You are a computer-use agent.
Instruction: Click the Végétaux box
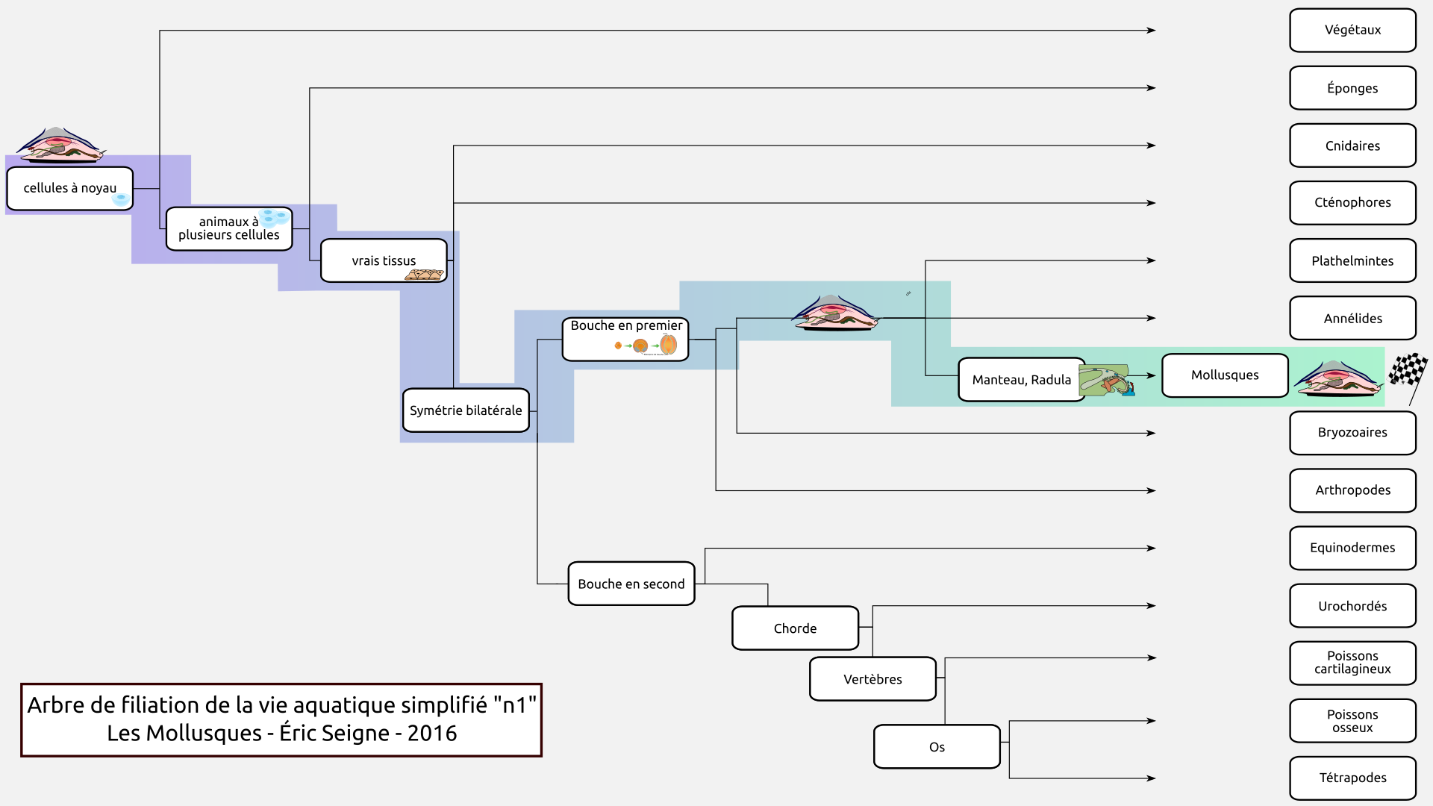pos(1352,31)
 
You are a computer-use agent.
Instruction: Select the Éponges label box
pos(1352,88)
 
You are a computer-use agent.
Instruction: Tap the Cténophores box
pos(1352,203)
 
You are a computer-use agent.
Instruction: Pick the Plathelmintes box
pos(1352,260)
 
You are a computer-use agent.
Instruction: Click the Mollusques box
pos(1225,375)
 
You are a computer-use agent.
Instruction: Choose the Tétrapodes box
pos(1352,778)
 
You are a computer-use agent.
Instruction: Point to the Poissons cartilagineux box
pos(1352,663)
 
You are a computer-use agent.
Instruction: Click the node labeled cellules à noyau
pos(69,188)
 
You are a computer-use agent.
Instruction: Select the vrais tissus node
pos(384,260)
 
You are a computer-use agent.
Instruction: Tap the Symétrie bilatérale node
pos(466,410)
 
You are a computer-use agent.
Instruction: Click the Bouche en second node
pos(631,584)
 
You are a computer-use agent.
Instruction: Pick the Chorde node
pos(795,628)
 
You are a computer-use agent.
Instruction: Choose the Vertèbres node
pos(872,679)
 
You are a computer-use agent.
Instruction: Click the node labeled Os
pos(937,746)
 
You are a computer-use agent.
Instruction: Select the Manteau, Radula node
pos(1021,380)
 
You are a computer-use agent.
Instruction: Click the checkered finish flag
pos(1408,371)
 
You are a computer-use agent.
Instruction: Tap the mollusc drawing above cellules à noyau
pos(60,145)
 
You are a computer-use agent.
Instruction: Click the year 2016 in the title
pos(432,733)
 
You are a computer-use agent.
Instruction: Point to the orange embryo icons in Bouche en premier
pos(646,345)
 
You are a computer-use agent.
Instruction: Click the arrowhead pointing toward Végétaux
pos(1152,31)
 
